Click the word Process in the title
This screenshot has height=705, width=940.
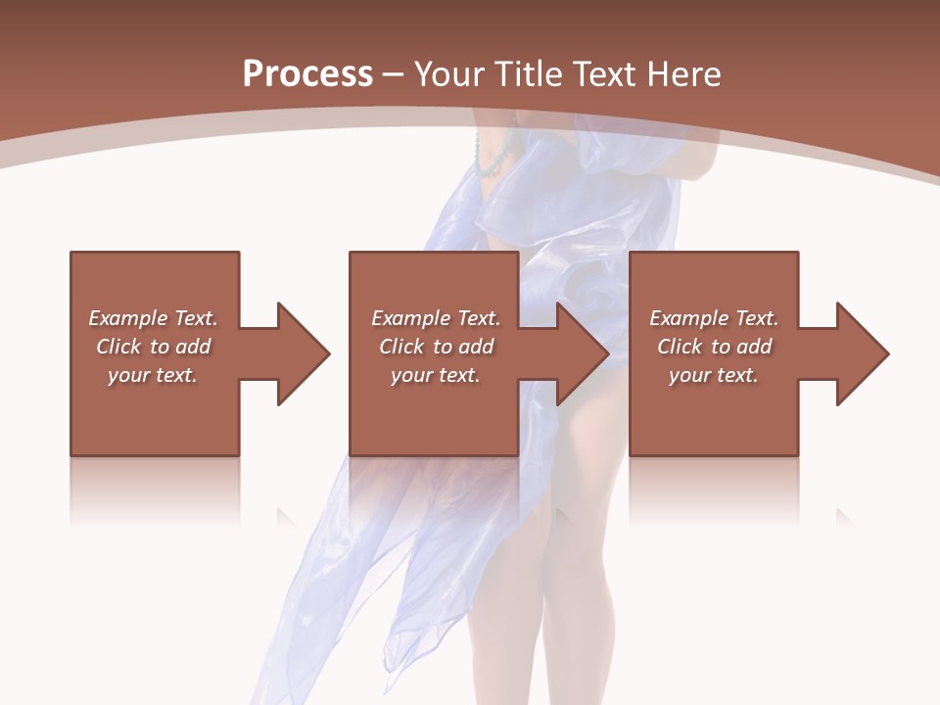pyautogui.click(x=307, y=74)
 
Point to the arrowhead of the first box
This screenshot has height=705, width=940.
pyautogui.click(x=305, y=353)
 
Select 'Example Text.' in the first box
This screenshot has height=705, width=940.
pyautogui.click(x=153, y=318)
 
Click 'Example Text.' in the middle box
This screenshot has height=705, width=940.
pyautogui.click(x=435, y=318)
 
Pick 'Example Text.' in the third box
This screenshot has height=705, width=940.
pyautogui.click(x=713, y=318)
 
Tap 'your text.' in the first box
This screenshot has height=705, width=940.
pyautogui.click(x=153, y=375)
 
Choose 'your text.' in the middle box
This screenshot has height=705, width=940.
pyautogui.click(x=435, y=375)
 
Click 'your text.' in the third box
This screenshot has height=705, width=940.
pyautogui.click(x=713, y=375)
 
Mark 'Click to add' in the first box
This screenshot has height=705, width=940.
pyautogui.click(x=153, y=347)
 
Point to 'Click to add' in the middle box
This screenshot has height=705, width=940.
pyautogui.click(x=435, y=347)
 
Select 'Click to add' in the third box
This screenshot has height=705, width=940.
pyautogui.click(x=713, y=347)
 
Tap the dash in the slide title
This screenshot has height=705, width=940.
pyautogui.click(x=394, y=74)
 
